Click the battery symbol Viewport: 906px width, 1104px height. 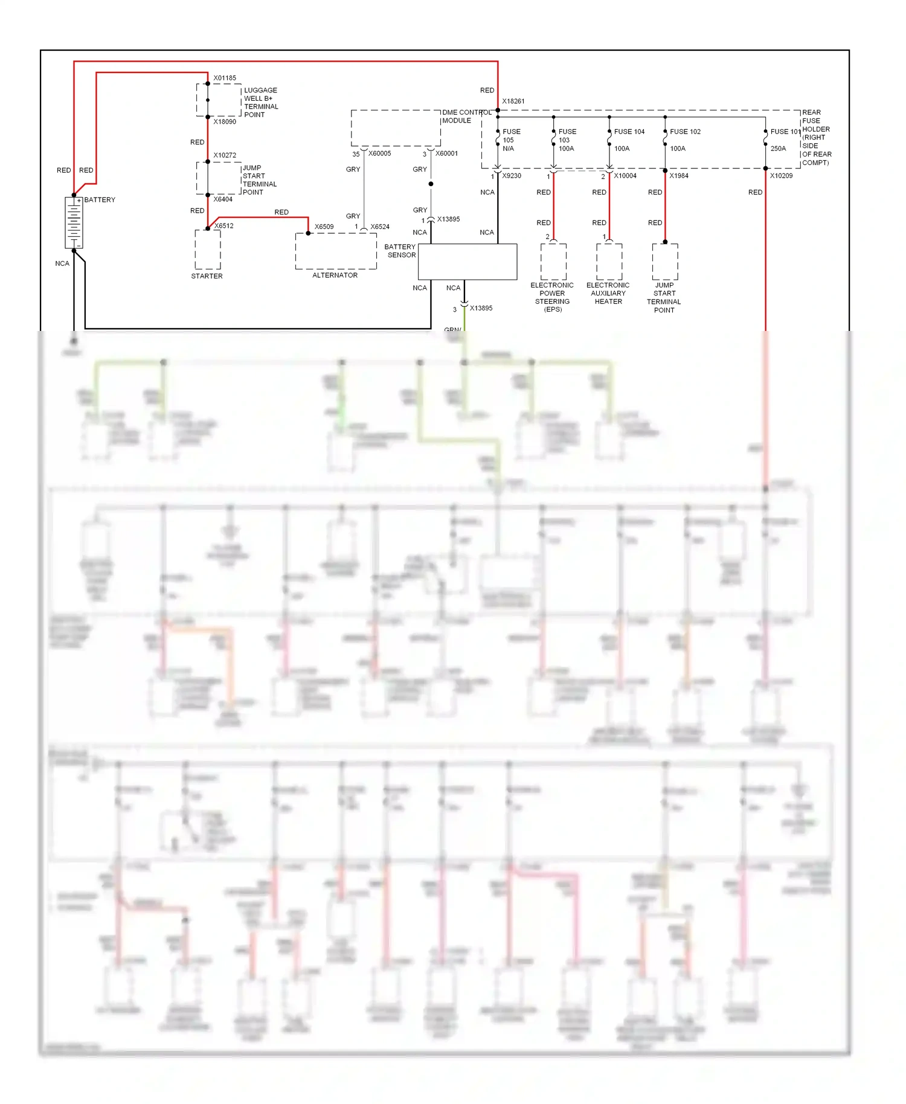point(74,222)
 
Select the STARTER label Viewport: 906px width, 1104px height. point(207,276)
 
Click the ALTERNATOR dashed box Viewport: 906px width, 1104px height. point(336,251)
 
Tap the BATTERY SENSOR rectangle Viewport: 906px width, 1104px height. point(467,262)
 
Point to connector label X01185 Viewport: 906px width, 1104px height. point(225,78)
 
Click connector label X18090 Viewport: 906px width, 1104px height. point(225,121)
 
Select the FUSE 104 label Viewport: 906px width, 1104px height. point(629,132)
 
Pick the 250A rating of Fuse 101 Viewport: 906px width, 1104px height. point(778,149)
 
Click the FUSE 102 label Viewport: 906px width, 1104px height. point(685,132)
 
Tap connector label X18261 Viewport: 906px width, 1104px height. point(513,101)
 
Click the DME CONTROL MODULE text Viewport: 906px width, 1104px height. point(466,117)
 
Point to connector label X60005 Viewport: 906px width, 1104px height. point(379,153)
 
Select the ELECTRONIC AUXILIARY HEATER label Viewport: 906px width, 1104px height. point(608,294)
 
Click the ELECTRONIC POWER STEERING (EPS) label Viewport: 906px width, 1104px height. point(552,297)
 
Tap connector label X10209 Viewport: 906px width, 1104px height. point(781,176)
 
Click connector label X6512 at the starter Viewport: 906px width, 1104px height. point(224,226)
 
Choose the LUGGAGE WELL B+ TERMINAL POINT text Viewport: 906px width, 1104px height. point(260,102)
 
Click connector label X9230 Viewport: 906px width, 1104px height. point(512,176)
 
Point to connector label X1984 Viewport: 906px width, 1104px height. point(679,176)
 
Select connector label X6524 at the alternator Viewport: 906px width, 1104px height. point(380,227)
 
